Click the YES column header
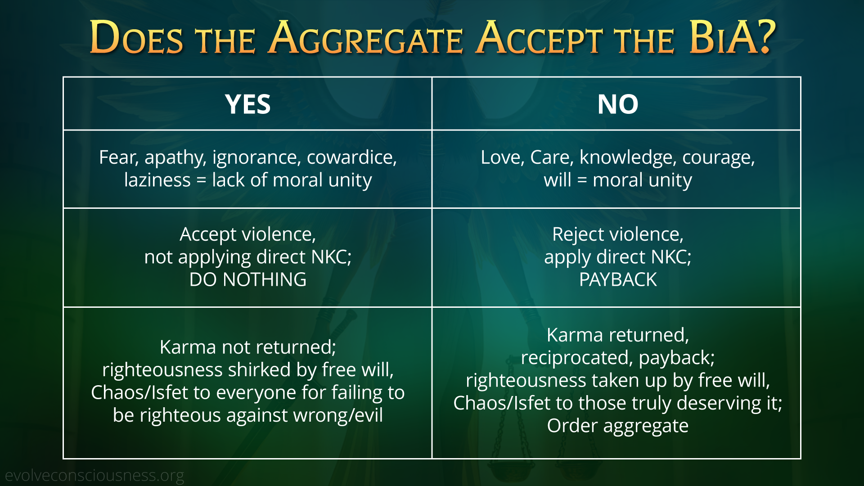(x=248, y=104)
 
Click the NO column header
(x=618, y=104)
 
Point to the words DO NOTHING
(x=248, y=279)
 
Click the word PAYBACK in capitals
(x=618, y=279)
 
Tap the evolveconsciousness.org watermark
(x=94, y=476)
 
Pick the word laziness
(x=157, y=180)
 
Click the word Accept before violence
(x=208, y=235)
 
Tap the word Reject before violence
(x=578, y=235)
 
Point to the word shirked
(x=259, y=370)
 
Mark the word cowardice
(x=352, y=157)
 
